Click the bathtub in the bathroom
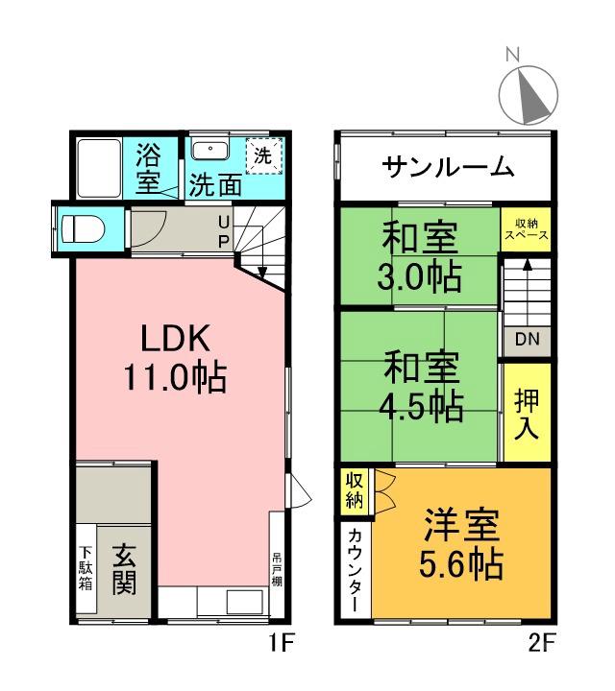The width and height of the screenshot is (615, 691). coord(98,168)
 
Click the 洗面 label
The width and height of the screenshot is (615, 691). coord(214,184)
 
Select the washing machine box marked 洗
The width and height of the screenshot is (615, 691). coord(261,155)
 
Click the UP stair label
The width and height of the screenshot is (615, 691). coord(222,230)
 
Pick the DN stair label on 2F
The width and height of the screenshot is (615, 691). coord(526,339)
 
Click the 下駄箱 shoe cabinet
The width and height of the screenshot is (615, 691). coord(86,568)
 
